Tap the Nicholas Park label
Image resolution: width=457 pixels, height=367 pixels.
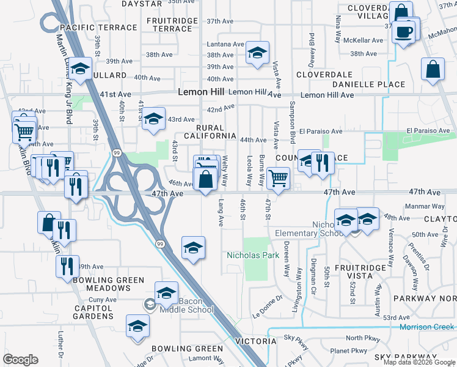253,254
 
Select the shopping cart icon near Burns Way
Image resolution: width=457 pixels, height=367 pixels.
278,179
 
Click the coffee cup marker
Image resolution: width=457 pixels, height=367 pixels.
404,31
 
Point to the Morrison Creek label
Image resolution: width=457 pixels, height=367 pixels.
427,327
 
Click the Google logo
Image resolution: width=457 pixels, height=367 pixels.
21,360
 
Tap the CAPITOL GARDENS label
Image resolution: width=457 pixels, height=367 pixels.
93,312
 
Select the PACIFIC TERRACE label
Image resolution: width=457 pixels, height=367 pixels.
98,28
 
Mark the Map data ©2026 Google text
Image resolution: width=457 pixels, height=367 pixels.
419,361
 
